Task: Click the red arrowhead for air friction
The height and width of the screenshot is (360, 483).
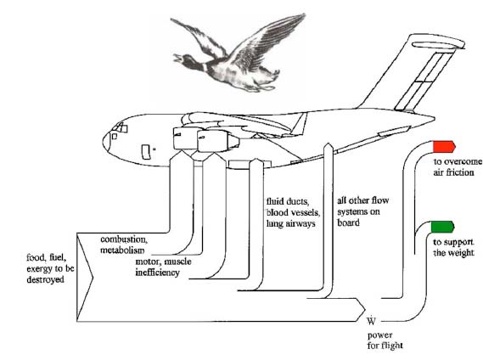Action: coord(444,147)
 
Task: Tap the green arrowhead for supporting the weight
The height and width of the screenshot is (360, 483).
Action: coord(442,228)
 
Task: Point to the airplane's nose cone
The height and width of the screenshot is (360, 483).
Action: coord(107,142)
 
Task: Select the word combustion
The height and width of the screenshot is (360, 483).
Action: coord(124,239)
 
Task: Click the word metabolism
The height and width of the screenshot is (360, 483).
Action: coord(122,250)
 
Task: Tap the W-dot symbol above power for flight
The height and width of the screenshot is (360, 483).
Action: coord(371,321)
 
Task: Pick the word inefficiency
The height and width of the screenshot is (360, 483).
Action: coord(157,273)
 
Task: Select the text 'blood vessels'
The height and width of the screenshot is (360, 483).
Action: coord(293,212)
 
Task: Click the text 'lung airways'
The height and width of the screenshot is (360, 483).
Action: coord(291,224)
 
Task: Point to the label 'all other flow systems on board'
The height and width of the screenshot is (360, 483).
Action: coord(362,211)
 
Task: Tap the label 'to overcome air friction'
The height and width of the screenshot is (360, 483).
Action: coord(458,166)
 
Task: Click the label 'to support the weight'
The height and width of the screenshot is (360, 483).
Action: coord(453,248)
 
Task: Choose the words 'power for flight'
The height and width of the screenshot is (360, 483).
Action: coord(385,340)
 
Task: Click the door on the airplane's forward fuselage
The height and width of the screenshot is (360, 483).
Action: coord(146,152)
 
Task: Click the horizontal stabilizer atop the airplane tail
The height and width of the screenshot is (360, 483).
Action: coord(438,45)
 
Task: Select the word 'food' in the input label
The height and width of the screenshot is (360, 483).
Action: coord(35,257)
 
